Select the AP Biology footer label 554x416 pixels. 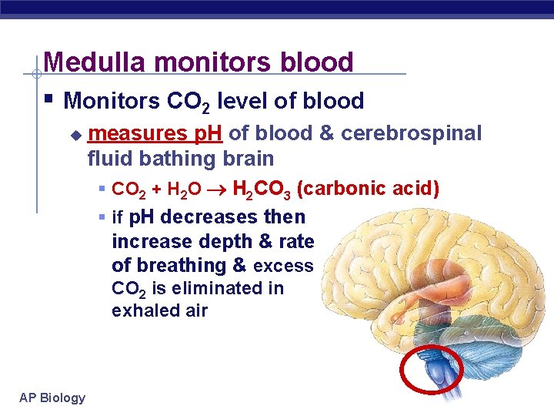[52, 398]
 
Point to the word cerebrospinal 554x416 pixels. [411, 134]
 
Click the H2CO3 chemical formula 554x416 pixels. [262, 189]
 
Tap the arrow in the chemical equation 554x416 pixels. [219, 189]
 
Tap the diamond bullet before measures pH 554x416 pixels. [75, 135]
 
